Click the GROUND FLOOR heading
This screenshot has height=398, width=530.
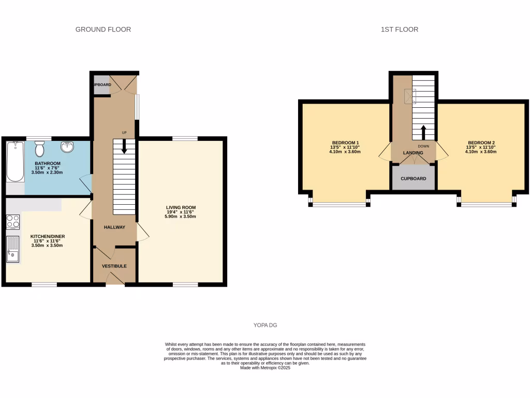pos(103,30)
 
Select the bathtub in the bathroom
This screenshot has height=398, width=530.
pos(16,163)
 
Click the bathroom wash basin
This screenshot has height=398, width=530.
pos(67,148)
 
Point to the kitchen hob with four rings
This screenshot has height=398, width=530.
pos(13,222)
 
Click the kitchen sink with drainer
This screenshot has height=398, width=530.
pos(12,249)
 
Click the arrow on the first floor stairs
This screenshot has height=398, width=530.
pos(423,132)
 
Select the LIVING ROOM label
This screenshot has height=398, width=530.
pos(181,207)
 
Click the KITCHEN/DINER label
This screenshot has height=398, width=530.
pos(47,236)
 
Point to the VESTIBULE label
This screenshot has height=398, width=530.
pos(114,266)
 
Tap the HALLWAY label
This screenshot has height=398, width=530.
pos(114,227)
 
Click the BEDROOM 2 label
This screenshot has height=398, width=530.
pos(481,143)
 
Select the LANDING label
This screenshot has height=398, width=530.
pos(413,153)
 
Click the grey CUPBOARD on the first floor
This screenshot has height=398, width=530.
pos(413,178)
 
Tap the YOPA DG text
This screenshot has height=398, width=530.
pos(265,325)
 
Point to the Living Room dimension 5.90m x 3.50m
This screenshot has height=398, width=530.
pos(181,216)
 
